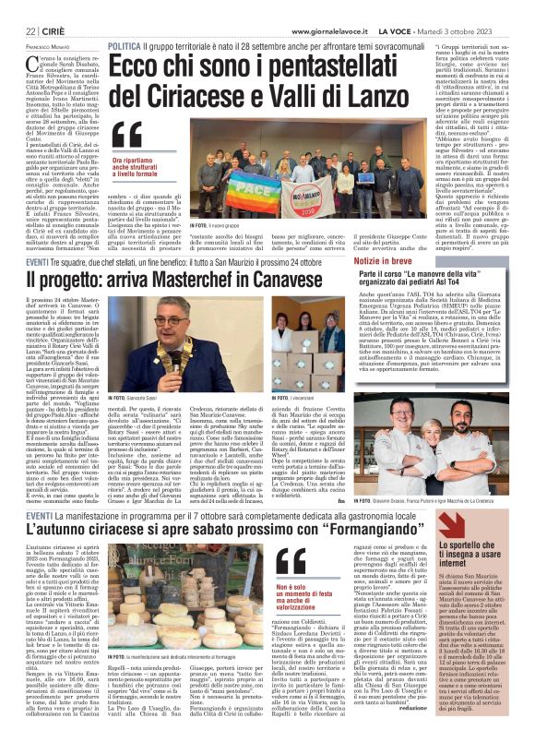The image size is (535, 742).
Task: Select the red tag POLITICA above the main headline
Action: pyautogui.click(x=125, y=46)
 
